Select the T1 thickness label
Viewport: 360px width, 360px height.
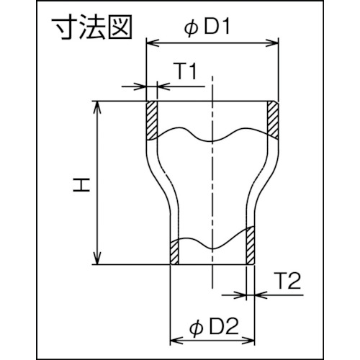184,71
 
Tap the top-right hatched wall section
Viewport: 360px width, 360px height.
274,119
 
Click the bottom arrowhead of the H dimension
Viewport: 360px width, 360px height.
99,261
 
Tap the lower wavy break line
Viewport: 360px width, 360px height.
213,243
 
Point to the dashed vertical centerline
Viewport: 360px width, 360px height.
212,187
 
